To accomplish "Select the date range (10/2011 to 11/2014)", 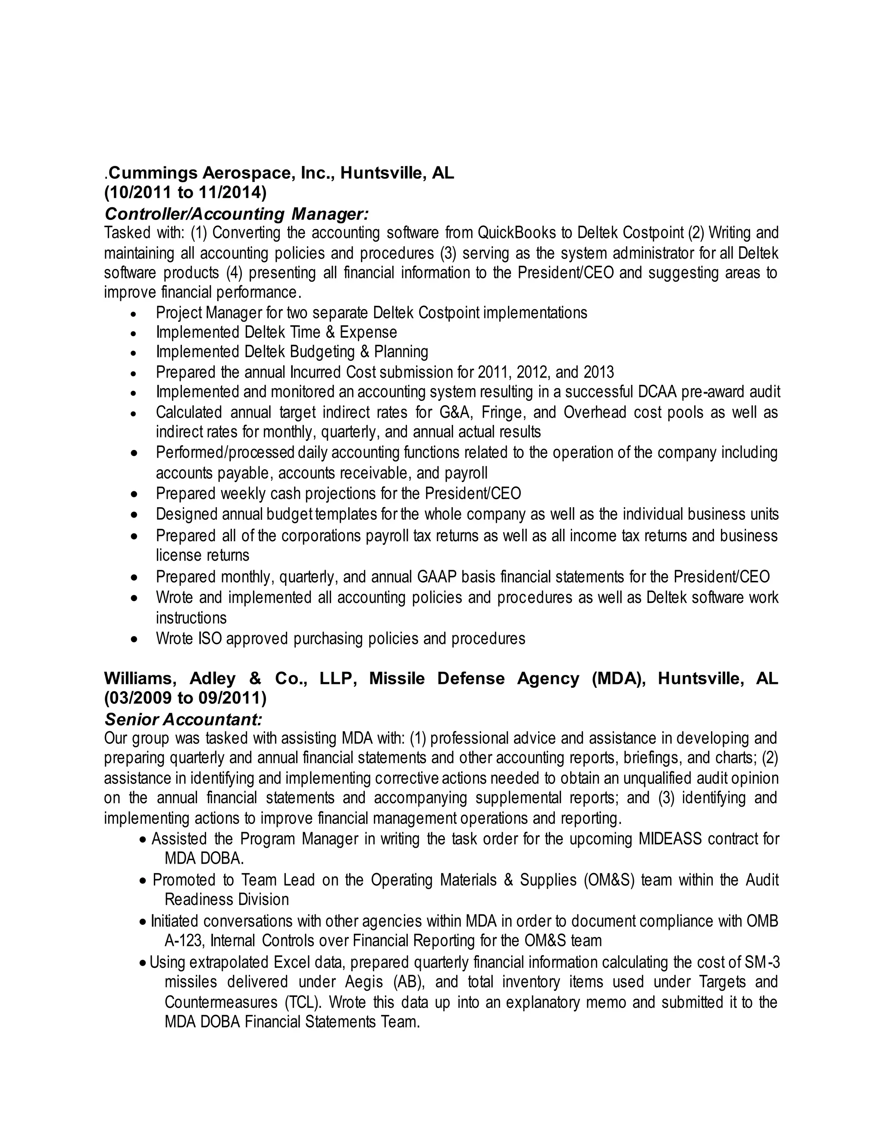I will tap(185, 193).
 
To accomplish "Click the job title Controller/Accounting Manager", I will tap(236, 214).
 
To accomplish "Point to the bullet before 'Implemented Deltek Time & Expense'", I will tap(135, 333).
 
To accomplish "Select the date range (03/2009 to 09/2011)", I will tap(185, 698).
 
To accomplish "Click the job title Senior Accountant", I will tap(183, 720).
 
